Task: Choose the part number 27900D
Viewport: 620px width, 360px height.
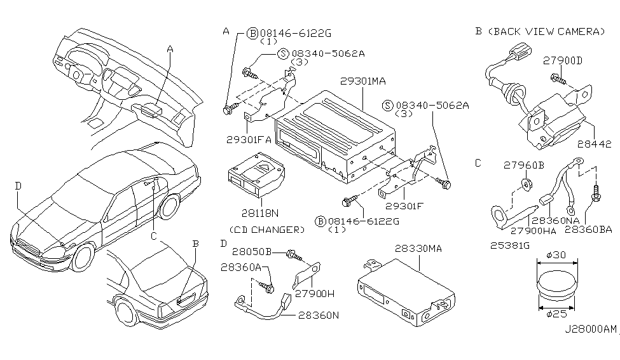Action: (x=562, y=60)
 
